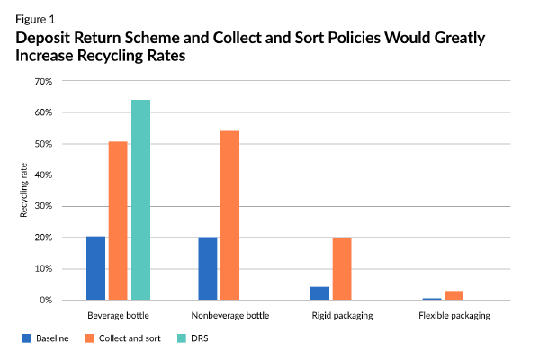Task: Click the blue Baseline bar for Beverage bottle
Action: [x=96, y=268]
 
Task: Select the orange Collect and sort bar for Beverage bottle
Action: [x=118, y=220]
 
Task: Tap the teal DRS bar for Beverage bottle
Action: [x=140, y=200]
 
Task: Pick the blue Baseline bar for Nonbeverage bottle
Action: [x=208, y=268]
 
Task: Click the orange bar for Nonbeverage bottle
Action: [x=229, y=216]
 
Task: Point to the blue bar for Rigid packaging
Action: [x=319, y=293]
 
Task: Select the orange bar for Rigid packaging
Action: [x=341, y=268]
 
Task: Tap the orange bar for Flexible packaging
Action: [x=454, y=295]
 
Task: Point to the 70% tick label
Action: [x=44, y=82]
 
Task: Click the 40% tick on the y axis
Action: [x=44, y=175]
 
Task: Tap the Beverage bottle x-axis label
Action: [x=118, y=316]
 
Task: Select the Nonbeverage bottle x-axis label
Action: [x=229, y=316]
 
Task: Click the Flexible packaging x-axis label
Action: [x=454, y=316]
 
